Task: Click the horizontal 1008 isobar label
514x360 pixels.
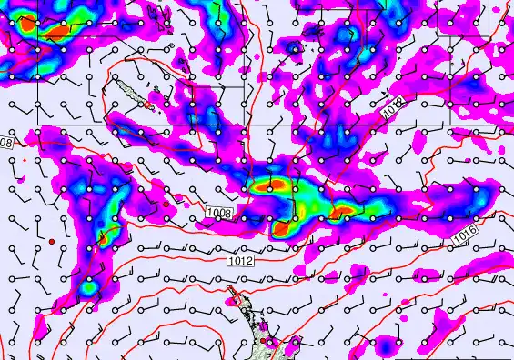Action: pos(219,213)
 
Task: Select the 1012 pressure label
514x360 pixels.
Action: pos(240,261)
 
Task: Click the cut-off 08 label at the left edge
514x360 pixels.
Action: pos(5,143)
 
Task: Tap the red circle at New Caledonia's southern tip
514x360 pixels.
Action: pos(149,105)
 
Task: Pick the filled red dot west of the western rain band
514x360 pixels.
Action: pos(53,240)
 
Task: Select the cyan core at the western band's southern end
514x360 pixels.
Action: pos(88,289)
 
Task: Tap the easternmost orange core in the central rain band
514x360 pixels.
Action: pos(344,214)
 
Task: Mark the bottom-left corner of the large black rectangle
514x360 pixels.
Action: pos(37,123)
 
